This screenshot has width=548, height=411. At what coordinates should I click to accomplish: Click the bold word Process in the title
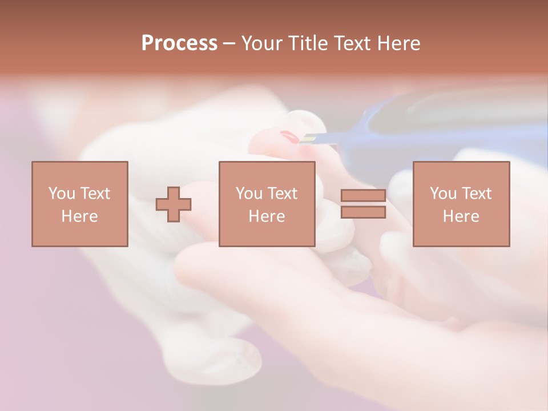[179, 43]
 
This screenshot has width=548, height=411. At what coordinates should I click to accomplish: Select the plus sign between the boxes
[174, 204]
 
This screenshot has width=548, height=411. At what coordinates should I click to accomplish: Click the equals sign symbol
[363, 204]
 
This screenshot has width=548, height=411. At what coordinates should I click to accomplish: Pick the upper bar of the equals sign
[363, 196]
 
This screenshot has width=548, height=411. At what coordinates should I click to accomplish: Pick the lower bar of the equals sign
[363, 212]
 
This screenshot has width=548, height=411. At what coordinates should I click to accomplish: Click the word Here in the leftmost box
[79, 216]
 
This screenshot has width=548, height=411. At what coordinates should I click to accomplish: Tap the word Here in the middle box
[267, 216]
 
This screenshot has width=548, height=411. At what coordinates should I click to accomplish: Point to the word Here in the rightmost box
[461, 216]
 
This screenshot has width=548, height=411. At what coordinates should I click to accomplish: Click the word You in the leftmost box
[62, 194]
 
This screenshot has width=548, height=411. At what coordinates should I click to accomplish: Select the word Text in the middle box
[281, 194]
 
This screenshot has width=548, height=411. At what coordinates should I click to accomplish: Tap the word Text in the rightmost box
[476, 194]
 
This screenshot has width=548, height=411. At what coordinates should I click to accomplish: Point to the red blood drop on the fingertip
[289, 137]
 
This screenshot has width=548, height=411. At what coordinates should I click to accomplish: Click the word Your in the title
[262, 43]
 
